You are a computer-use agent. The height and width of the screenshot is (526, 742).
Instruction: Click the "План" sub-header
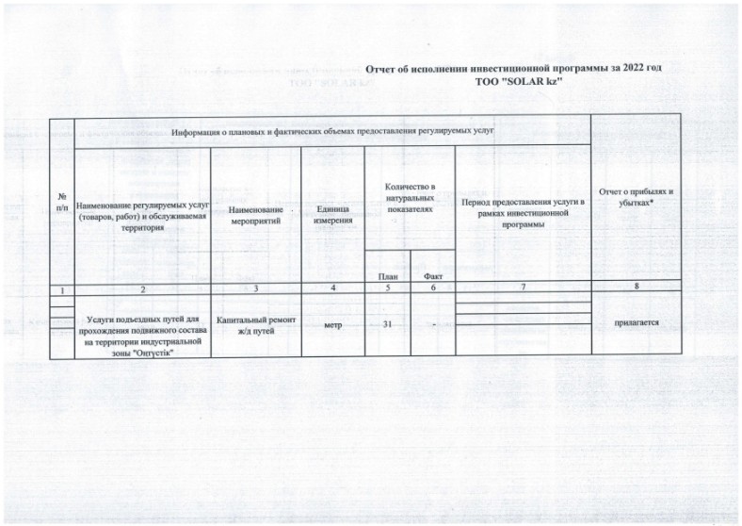pos(387,275)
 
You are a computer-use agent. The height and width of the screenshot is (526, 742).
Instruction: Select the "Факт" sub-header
pos(433,275)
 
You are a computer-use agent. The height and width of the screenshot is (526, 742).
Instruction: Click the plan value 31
pos(387,324)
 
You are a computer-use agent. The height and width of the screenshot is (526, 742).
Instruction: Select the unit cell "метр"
pos(333,324)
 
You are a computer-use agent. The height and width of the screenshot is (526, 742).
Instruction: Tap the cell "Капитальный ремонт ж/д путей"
pos(256,325)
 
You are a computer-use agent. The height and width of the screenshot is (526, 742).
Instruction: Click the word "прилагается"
pos(636,322)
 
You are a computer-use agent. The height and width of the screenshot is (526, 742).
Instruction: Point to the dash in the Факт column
pos(433,325)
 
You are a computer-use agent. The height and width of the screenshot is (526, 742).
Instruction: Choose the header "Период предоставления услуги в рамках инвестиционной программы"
pos(523,215)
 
